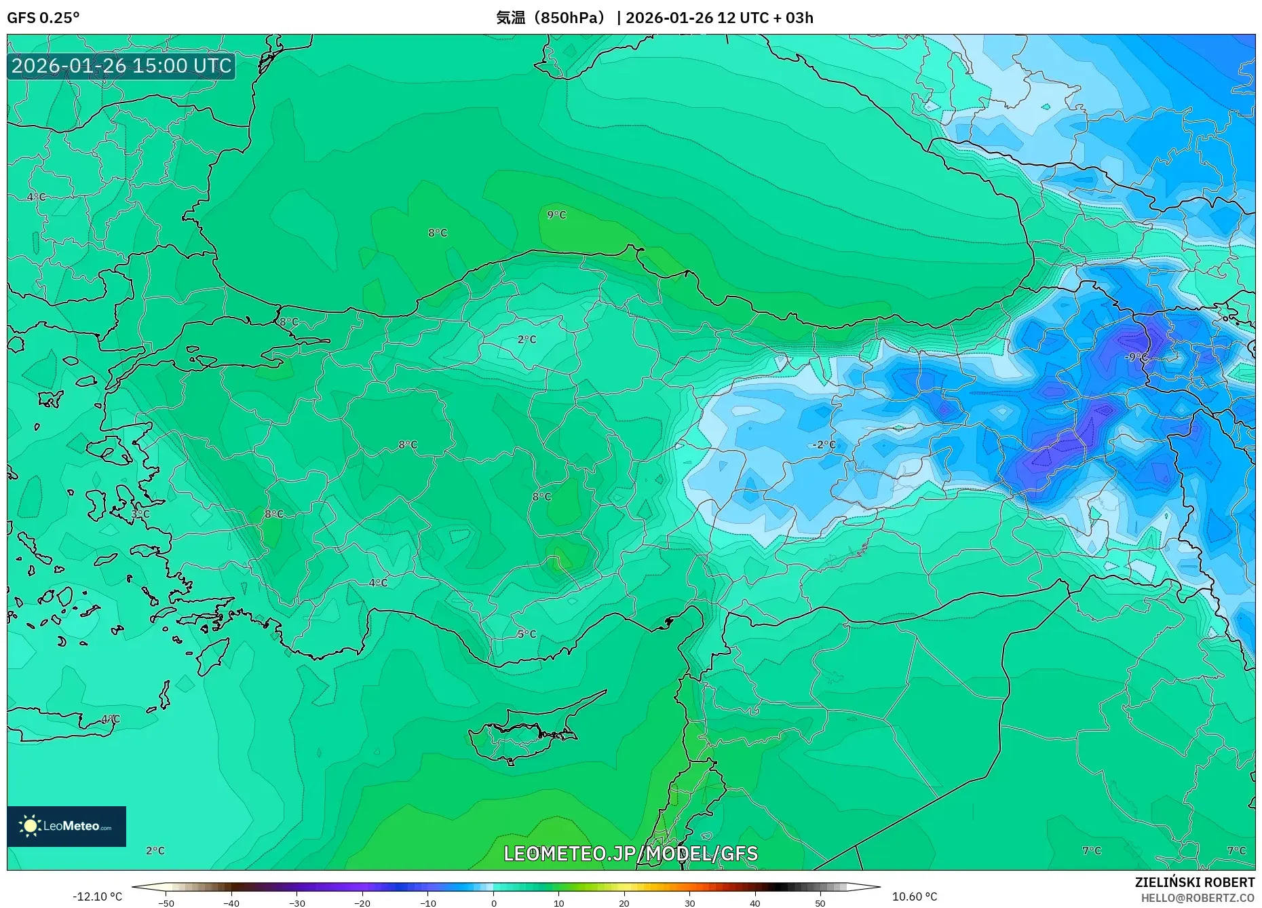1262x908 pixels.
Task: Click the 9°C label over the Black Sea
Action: [x=556, y=215]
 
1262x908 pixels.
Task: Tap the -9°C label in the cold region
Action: [x=1136, y=357]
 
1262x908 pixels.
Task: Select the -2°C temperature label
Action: [x=824, y=445]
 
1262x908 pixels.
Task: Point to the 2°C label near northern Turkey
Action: [x=527, y=339]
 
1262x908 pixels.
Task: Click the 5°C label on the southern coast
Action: [x=527, y=635]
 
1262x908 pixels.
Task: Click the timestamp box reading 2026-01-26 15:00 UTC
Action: [x=121, y=66]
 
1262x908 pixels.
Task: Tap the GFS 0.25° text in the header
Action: [x=43, y=18]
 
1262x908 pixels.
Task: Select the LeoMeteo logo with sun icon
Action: [x=66, y=826]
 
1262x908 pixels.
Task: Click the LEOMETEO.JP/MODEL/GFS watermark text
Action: [x=630, y=854]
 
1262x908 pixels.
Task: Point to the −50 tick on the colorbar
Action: [x=166, y=903]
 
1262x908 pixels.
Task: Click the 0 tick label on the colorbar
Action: [x=493, y=903]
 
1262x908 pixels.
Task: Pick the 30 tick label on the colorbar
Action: [x=689, y=903]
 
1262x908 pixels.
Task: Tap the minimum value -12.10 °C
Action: [x=97, y=896]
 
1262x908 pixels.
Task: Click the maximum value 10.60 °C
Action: [x=914, y=896]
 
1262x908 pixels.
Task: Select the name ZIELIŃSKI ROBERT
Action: [x=1194, y=882]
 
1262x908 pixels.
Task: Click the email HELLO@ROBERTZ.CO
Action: [x=1197, y=898]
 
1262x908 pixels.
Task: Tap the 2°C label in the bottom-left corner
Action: [x=155, y=851]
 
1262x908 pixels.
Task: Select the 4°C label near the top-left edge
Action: [x=37, y=197]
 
